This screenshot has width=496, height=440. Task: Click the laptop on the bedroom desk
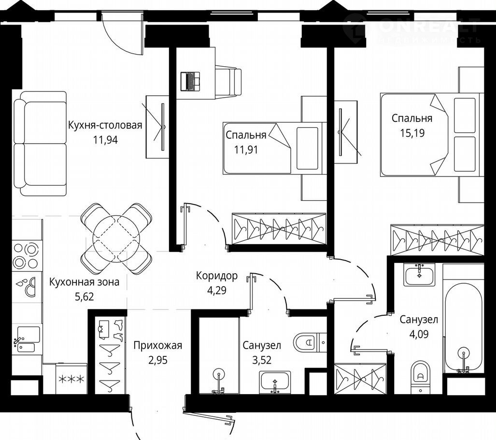[190, 81]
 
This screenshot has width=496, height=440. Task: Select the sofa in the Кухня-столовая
[40, 144]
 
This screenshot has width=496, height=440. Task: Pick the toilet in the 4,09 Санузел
[420, 377]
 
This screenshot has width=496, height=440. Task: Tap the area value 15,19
[412, 133]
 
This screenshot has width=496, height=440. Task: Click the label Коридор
[217, 276]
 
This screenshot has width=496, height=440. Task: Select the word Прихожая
[157, 345]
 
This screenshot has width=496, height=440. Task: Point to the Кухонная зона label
[84, 281]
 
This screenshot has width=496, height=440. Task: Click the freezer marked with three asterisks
[71, 379]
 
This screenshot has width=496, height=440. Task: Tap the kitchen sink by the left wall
[27, 339]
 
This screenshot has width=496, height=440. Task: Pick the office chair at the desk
[228, 81]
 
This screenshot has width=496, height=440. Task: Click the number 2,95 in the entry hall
[157, 360]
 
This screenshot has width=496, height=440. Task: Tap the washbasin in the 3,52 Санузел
[275, 382]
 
